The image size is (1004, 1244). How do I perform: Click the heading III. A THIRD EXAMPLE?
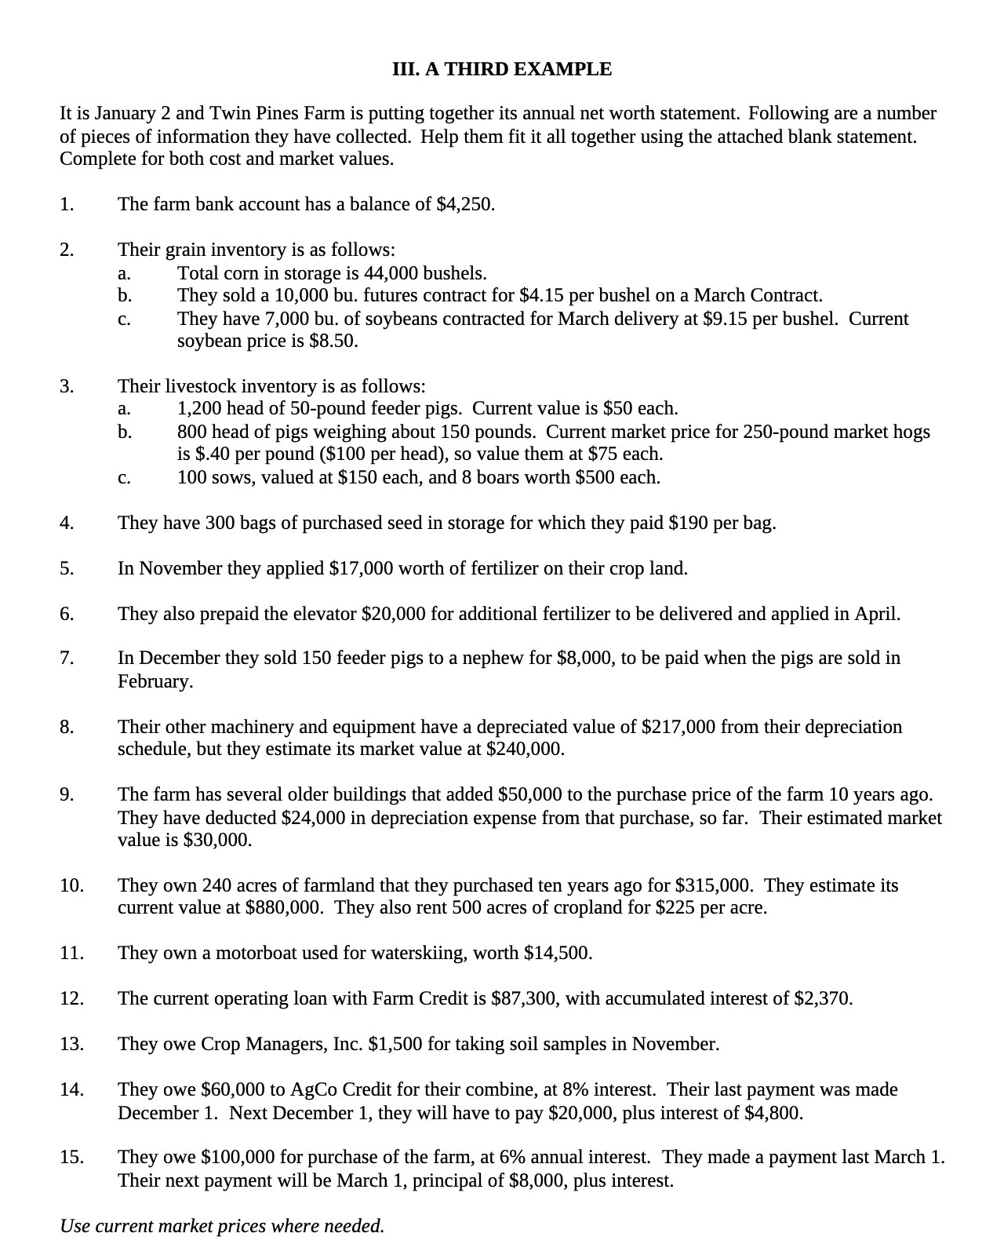tap(501, 69)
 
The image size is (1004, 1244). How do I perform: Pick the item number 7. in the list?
tap(67, 658)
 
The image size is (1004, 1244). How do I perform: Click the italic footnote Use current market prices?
tap(222, 1226)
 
